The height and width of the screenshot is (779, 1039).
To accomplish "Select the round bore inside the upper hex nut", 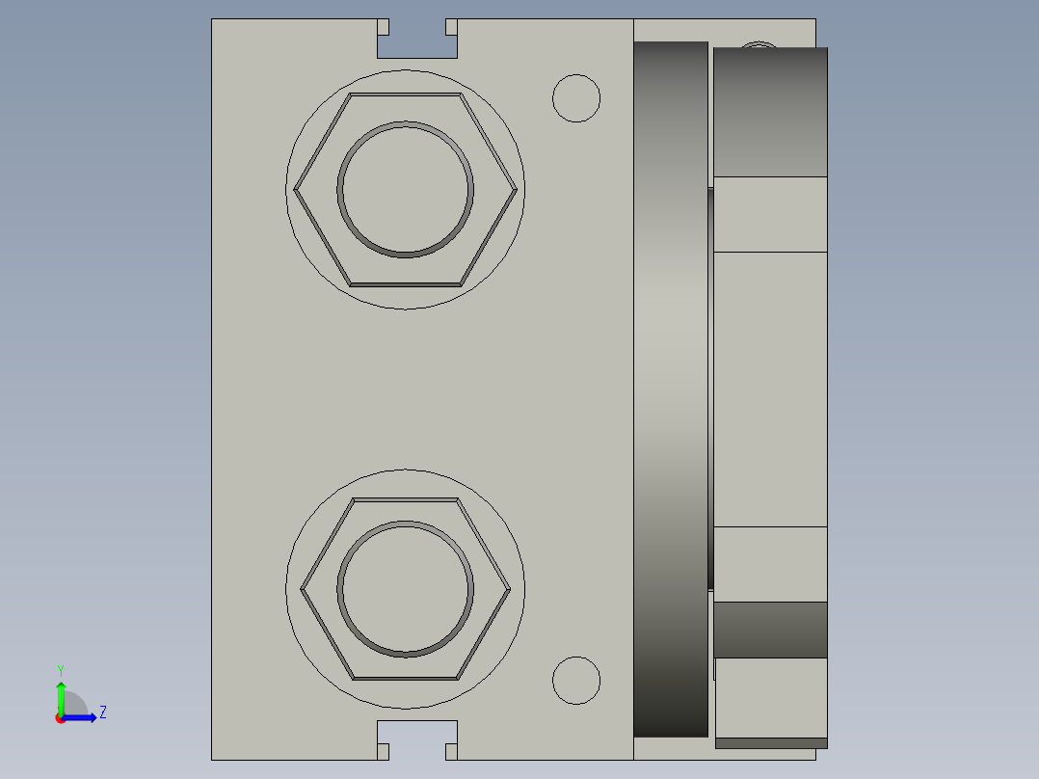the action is (x=406, y=190).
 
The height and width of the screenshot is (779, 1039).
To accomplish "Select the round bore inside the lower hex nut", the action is (x=406, y=589).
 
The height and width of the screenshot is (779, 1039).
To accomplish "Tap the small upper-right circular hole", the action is (x=576, y=98).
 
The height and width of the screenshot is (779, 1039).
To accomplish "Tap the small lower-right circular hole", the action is (x=576, y=681).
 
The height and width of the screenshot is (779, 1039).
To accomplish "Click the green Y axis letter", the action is (x=61, y=670).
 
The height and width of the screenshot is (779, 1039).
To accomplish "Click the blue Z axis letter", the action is (x=103, y=712).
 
